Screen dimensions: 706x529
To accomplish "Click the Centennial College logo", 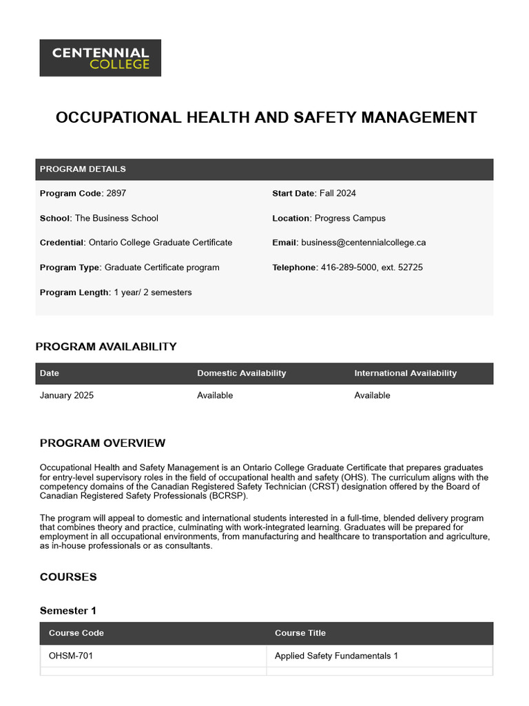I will (101, 58).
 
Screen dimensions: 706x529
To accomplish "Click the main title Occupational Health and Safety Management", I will (266, 117).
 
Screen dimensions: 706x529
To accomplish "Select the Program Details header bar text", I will (83, 169).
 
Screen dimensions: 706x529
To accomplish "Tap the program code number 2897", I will (116, 194).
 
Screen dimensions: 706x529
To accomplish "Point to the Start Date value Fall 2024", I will (338, 194).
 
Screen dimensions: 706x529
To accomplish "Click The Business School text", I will (116, 219).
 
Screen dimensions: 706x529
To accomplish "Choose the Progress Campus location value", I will (350, 219).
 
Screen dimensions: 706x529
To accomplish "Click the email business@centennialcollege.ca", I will (363, 243).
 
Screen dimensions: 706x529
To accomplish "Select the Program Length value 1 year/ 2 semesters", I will (153, 292).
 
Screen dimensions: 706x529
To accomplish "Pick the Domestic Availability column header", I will (241, 373).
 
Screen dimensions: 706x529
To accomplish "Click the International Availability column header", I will (405, 373).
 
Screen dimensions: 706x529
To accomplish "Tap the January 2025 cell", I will (67, 396).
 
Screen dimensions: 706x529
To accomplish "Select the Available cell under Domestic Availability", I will (215, 396).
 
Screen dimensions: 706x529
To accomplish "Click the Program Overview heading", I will (103, 443).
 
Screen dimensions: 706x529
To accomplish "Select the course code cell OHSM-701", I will (71, 656).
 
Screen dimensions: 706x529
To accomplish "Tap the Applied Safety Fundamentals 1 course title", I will (336, 656).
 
